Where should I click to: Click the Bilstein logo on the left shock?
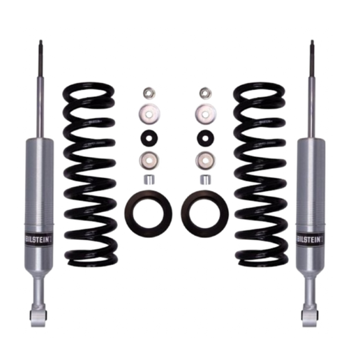(39, 239)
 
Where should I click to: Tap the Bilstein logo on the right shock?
(310, 239)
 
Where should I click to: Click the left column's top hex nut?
(149, 92)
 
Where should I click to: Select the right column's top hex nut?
(205, 92)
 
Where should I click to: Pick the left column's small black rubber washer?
(149, 138)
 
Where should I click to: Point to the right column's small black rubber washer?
(205, 138)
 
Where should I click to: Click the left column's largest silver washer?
(149, 114)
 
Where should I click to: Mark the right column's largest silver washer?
(205, 114)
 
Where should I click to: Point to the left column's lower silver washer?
(149, 160)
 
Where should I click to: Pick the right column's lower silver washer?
(205, 160)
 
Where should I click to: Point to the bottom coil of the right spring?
(262, 262)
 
